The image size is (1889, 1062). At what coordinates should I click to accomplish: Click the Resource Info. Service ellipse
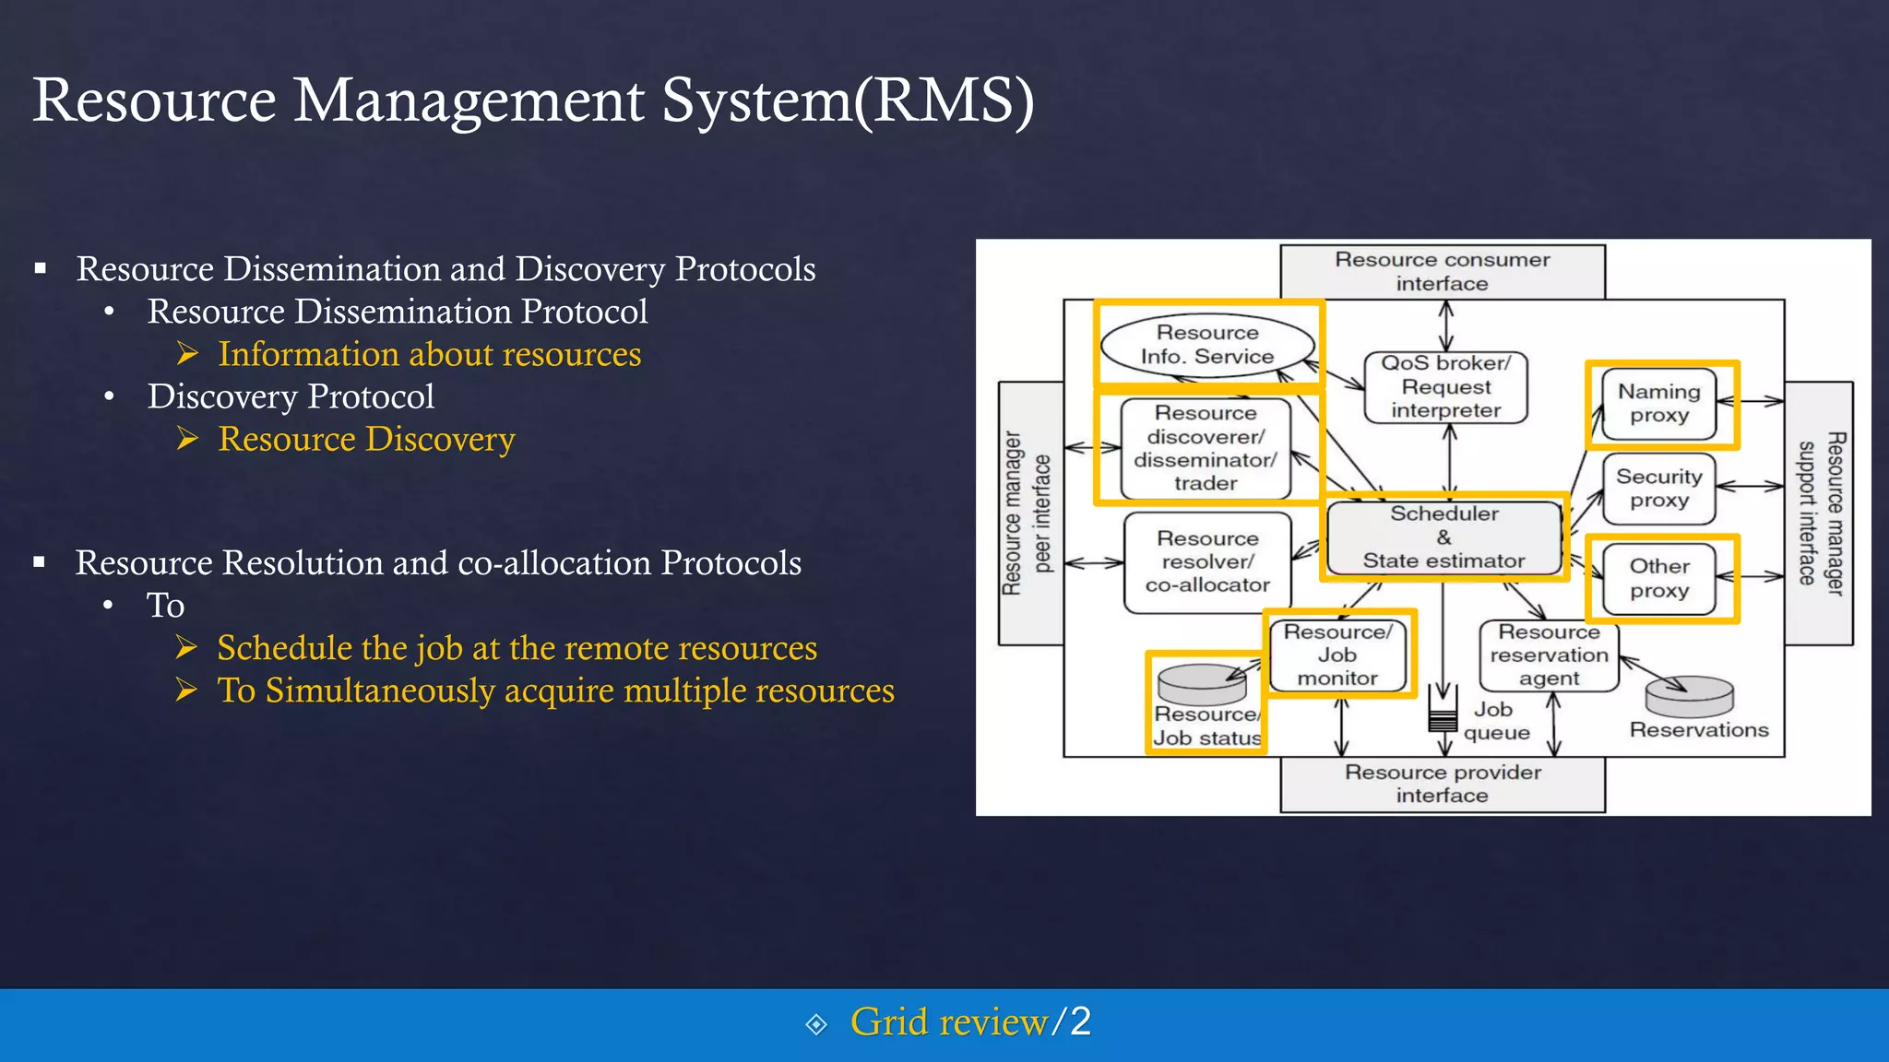1207,345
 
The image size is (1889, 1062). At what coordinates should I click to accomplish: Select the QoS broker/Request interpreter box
1445,387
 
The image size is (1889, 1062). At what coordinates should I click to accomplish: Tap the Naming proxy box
1659,404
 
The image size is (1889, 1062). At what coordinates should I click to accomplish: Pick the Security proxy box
1659,489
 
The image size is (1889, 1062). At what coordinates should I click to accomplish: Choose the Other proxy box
1659,579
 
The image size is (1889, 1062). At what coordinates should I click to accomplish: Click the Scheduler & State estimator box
1443,537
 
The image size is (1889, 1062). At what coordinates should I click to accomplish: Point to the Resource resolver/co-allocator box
1207,561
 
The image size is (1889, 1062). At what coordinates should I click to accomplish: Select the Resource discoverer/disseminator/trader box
1206,448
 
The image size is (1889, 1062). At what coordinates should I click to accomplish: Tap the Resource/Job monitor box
1337,655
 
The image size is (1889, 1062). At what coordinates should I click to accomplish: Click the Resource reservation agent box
1549,655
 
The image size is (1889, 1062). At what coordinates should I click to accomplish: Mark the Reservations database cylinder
1690,697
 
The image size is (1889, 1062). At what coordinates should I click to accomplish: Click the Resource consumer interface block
1443,271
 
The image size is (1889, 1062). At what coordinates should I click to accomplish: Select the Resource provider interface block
1443,784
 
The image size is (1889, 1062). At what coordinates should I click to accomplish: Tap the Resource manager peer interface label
1027,513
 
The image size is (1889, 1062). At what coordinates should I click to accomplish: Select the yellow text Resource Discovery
366,439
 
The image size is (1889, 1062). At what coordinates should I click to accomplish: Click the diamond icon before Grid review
816,1024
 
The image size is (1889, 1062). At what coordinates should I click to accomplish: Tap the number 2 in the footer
1080,1021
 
